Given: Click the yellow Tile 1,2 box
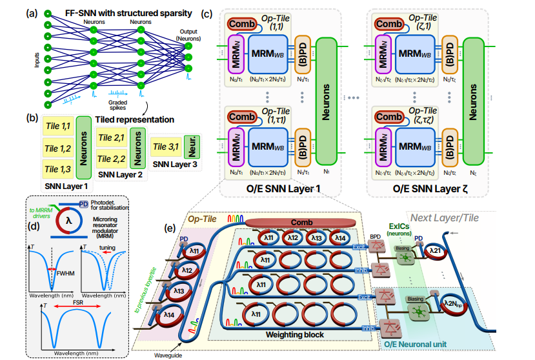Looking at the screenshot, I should [57, 149].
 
